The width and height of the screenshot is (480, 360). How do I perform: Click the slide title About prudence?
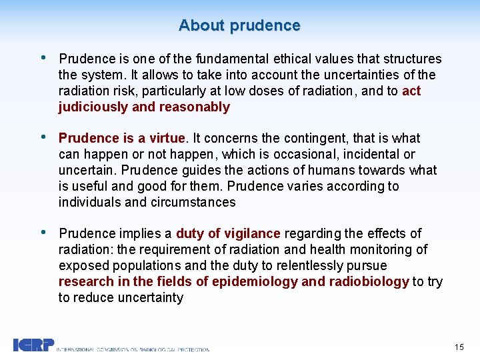(239, 25)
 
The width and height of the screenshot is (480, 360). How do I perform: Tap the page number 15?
(459, 347)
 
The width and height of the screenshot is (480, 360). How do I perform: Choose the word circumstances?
(196, 202)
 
